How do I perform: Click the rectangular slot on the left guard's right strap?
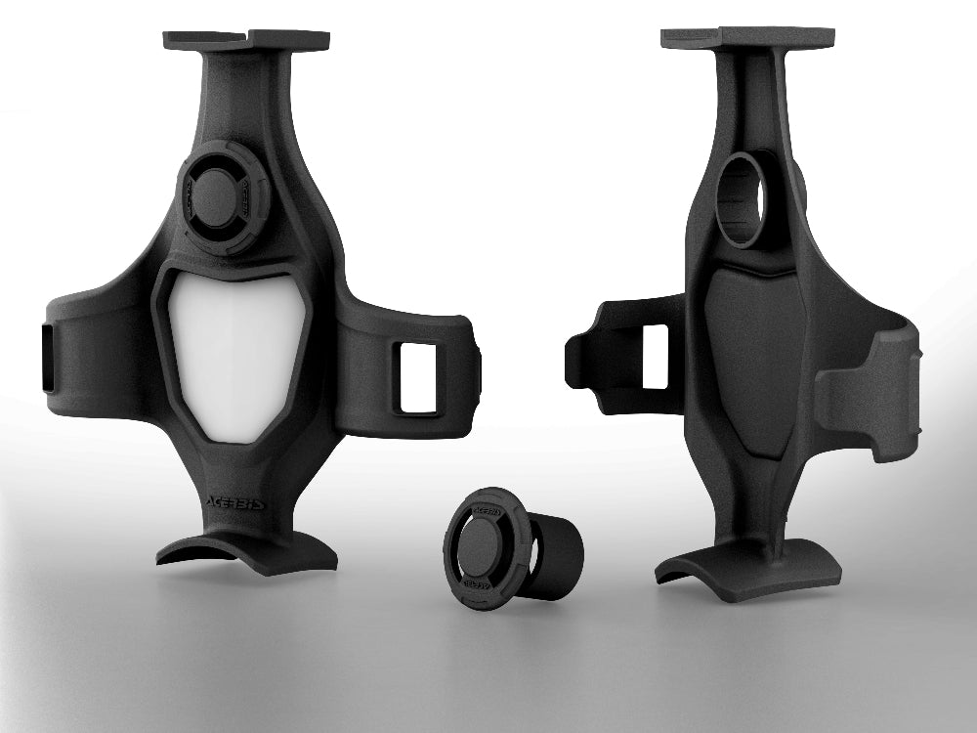[414, 377]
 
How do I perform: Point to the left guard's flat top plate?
[245, 40]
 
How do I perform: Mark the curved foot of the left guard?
[246, 552]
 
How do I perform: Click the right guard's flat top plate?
[747, 37]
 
